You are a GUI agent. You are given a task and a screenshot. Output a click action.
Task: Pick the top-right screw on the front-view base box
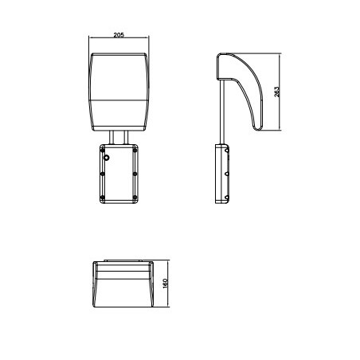point(136,147)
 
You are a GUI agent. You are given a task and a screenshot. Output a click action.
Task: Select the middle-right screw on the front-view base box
point(136,174)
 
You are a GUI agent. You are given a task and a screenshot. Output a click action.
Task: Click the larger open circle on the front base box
point(107,158)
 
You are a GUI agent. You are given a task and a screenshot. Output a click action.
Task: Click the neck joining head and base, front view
point(119,136)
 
